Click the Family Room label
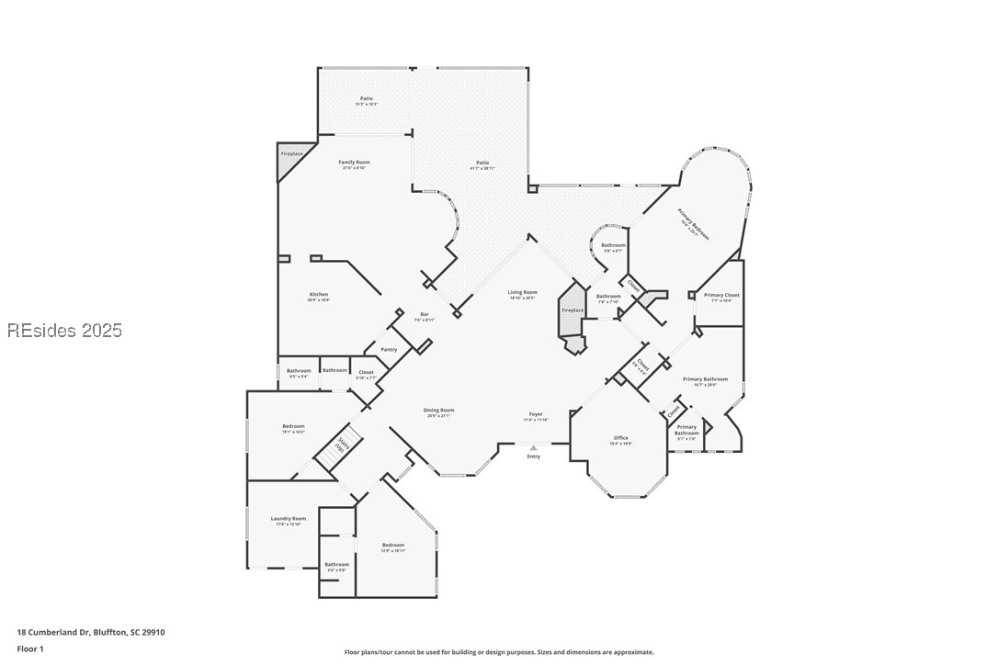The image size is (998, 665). click(x=354, y=163)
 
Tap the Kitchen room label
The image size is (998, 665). click(x=318, y=295)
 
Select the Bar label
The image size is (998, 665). click(x=425, y=315)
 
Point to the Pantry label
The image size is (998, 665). click(x=389, y=349)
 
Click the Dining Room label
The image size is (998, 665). click(x=439, y=411)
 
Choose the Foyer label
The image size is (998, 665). click(x=536, y=414)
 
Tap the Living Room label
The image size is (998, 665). click(x=522, y=293)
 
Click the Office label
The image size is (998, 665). click(x=620, y=438)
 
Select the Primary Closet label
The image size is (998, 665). click(x=721, y=295)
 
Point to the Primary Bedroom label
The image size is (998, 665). click(x=694, y=223)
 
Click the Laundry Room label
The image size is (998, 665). click(x=289, y=519)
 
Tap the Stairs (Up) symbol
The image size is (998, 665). click(x=342, y=445)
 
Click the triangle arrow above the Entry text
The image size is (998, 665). click(x=533, y=448)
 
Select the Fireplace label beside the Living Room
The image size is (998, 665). click(x=573, y=310)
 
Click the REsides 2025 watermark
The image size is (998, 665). click(x=64, y=331)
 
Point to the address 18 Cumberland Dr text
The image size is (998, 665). click(x=90, y=632)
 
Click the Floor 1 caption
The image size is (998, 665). click(x=29, y=648)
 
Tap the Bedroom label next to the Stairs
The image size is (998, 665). click(x=293, y=426)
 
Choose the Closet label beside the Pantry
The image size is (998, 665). click(x=366, y=372)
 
